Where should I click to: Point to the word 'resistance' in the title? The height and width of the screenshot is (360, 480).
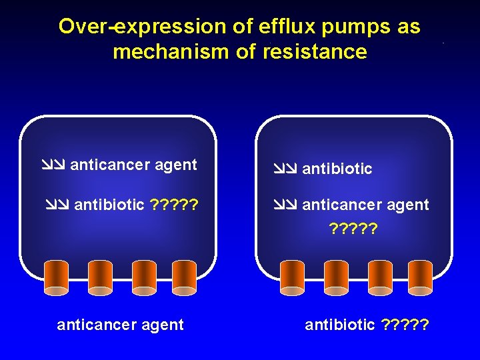[x=315, y=51]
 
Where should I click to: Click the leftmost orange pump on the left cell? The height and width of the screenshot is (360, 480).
[x=56, y=277]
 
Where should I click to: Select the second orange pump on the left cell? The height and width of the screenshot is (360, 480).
[x=100, y=277]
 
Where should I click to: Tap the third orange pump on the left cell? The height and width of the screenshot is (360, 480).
[x=144, y=277]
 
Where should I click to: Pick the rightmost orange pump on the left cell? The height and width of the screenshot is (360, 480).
[x=184, y=277]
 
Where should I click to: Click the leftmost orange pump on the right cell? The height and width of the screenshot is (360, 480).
[x=292, y=277]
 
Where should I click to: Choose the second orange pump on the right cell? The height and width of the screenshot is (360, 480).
[x=336, y=277]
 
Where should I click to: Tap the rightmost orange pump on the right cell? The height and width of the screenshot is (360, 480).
[x=420, y=277]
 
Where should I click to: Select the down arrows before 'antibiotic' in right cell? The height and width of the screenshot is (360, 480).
[x=285, y=169]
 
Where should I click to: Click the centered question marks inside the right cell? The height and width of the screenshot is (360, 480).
[x=353, y=229]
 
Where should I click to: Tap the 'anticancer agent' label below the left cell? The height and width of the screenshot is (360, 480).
[x=120, y=325]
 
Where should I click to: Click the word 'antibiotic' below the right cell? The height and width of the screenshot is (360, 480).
[x=340, y=325]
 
